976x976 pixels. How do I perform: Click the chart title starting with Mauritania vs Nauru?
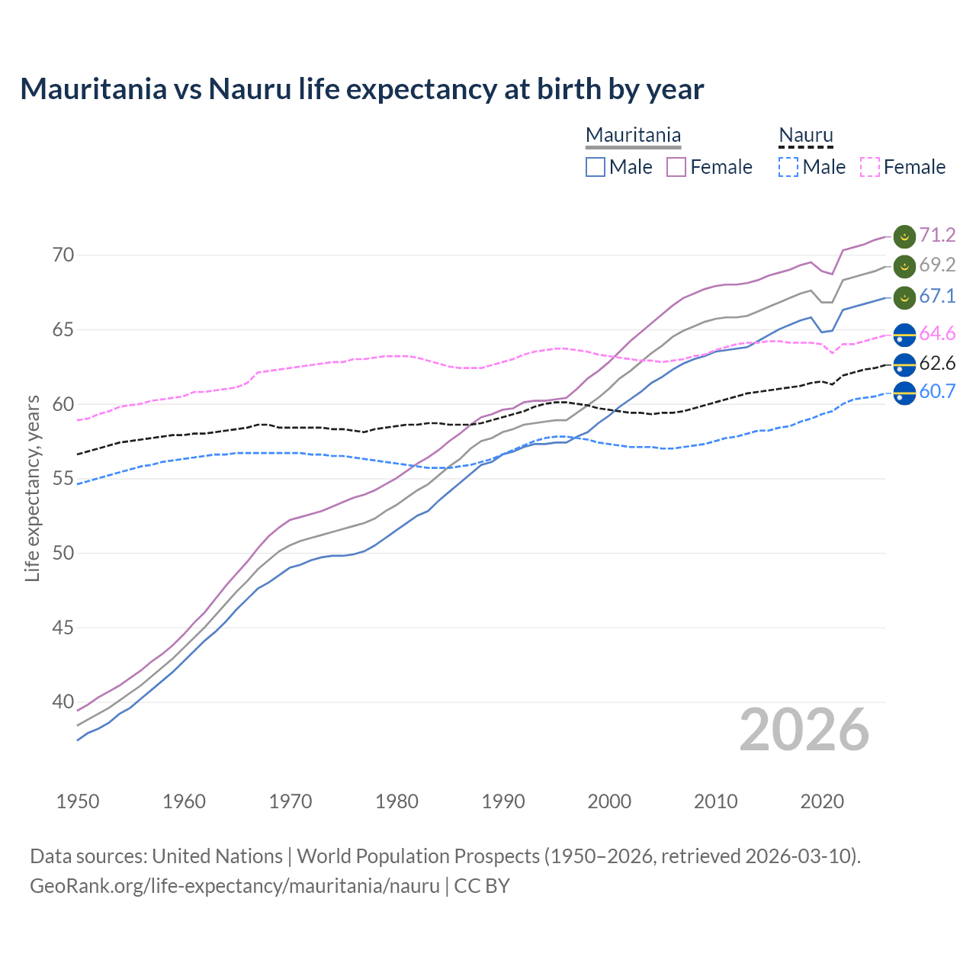coord(361,89)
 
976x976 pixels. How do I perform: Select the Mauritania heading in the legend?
coord(633,136)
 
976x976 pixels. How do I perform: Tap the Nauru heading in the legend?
coord(805,136)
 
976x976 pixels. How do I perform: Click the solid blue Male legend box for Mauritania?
coord(596,167)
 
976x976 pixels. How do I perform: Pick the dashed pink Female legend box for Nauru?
coord(870,167)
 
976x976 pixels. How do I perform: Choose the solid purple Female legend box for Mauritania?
coord(676,167)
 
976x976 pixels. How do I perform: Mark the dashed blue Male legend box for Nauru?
coord(788,167)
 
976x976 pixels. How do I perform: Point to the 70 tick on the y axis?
coord(63,255)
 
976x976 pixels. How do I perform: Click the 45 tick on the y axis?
coord(63,628)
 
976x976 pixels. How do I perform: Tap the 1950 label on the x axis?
coord(78,801)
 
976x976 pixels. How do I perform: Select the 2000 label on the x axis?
coord(609,801)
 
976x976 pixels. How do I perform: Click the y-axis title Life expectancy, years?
coord(33,488)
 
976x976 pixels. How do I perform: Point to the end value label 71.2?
coord(937,235)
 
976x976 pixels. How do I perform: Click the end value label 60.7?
coord(937,392)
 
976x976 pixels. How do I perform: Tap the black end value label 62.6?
coord(937,364)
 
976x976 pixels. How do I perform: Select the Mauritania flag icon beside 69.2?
coord(904,266)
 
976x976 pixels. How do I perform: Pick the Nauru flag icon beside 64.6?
coord(904,334)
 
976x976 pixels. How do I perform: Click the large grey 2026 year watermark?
coord(804,730)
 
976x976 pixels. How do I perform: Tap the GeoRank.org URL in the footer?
coord(235,886)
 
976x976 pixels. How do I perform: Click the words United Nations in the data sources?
coord(217,856)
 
